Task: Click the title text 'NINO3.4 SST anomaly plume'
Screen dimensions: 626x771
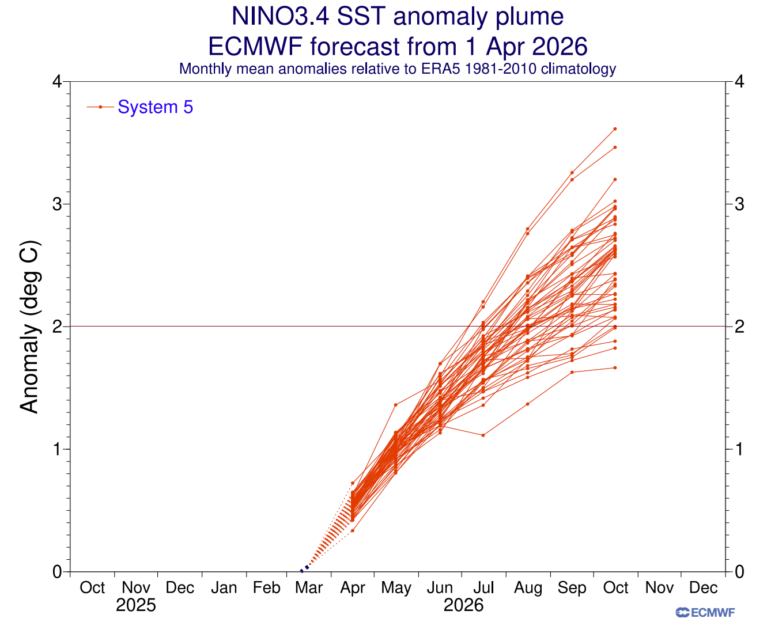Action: (x=397, y=16)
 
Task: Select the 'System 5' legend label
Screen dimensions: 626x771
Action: (x=155, y=107)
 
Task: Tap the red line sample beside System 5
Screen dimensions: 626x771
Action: (x=100, y=107)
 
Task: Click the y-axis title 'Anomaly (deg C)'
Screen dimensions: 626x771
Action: (x=29, y=327)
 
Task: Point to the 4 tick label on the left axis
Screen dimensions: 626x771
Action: (x=57, y=82)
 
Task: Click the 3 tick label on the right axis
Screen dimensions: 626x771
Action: (x=739, y=204)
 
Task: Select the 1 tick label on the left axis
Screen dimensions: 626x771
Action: (x=57, y=449)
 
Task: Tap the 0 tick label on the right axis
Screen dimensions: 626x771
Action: (x=739, y=572)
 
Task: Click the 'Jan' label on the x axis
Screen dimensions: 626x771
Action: (x=224, y=588)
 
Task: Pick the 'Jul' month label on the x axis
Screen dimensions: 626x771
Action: (x=483, y=588)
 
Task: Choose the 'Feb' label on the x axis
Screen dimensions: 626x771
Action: (x=266, y=588)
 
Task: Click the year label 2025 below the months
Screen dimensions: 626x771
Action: (x=136, y=605)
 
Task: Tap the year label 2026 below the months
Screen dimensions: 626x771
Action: (x=463, y=605)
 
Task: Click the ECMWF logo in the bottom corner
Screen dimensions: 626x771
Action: (x=705, y=613)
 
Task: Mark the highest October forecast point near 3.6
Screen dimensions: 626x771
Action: (x=615, y=129)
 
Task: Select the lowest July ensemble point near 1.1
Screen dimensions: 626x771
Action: (x=483, y=435)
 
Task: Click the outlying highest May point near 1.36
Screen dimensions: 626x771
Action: (x=395, y=405)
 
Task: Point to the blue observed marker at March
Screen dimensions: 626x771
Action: (x=304, y=570)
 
